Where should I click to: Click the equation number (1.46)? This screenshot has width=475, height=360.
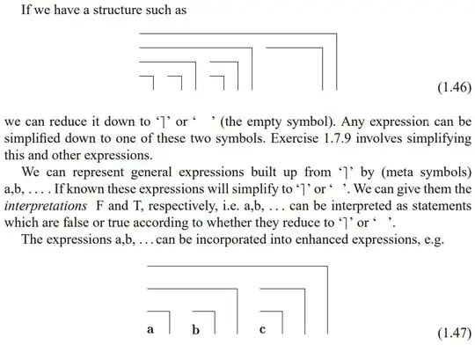[x=455, y=87]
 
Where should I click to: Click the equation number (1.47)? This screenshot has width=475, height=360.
[x=455, y=334]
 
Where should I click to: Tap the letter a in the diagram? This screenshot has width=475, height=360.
[x=150, y=329]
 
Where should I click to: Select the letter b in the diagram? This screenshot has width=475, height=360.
[x=195, y=329]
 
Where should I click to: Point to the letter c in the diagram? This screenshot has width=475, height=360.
[x=262, y=329]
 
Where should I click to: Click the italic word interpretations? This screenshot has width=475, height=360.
[x=46, y=206]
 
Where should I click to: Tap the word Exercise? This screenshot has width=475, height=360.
[x=295, y=138]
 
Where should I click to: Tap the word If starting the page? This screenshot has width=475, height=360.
[x=26, y=10]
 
